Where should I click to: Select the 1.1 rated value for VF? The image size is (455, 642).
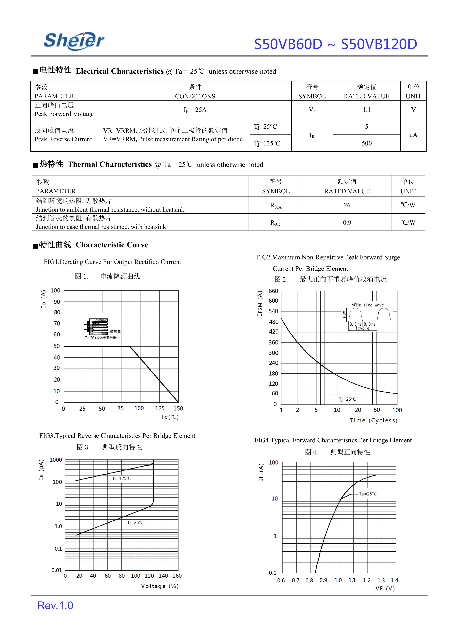[x=367, y=110]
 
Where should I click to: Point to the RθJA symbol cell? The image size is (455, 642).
[x=276, y=206]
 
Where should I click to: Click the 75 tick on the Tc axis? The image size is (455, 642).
[x=121, y=408]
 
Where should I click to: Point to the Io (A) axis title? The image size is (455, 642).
[x=43, y=299]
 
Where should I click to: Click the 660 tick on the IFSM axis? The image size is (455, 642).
[x=273, y=291]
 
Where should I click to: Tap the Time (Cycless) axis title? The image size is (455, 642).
[x=373, y=420]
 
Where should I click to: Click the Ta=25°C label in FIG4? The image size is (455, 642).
[x=368, y=494]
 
